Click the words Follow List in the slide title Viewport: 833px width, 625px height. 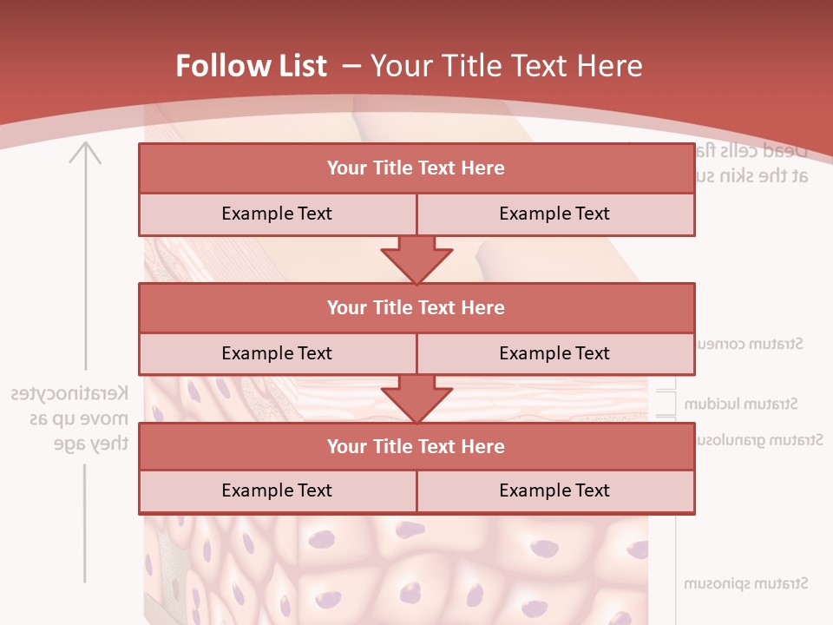tap(252, 66)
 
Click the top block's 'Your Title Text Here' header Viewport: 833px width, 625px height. tap(416, 168)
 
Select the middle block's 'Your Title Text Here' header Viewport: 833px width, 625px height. tap(416, 307)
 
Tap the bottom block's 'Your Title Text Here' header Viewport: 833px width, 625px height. tap(416, 446)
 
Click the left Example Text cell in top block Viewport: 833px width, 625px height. tap(277, 214)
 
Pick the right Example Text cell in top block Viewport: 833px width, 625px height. tap(554, 214)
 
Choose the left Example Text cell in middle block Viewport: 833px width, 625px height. tap(277, 353)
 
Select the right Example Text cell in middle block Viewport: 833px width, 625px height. tap(554, 353)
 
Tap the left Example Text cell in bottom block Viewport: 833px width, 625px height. tap(277, 490)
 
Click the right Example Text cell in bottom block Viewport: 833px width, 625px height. tap(554, 490)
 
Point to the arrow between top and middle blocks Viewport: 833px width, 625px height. tap(416, 260)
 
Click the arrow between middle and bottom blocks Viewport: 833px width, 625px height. tap(416, 398)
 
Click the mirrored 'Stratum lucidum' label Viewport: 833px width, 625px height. tap(741, 404)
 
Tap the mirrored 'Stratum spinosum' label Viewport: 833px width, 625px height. tap(746, 583)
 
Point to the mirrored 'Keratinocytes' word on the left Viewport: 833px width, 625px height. tap(69, 394)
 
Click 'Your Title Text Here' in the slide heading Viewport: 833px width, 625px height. tap(506, 66)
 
